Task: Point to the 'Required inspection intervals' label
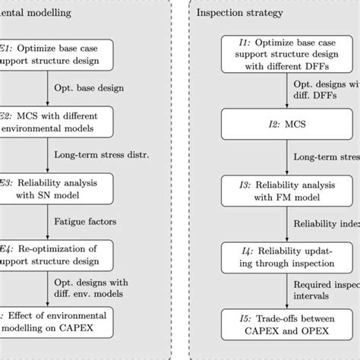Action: tap(322, 289)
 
